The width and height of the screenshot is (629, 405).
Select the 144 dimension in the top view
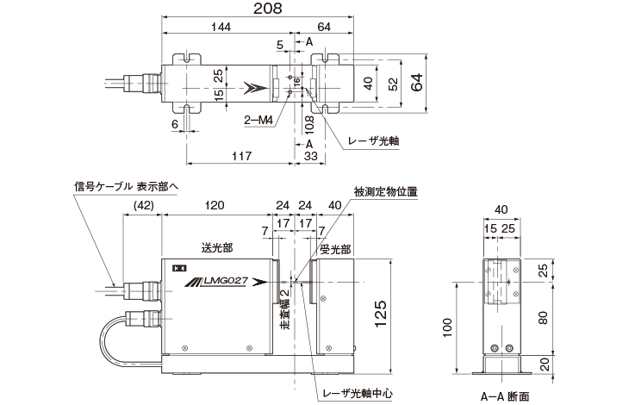(226, 28)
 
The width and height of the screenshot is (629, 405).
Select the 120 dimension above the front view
(215, 205)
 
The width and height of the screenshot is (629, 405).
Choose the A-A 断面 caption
(505, 396)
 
